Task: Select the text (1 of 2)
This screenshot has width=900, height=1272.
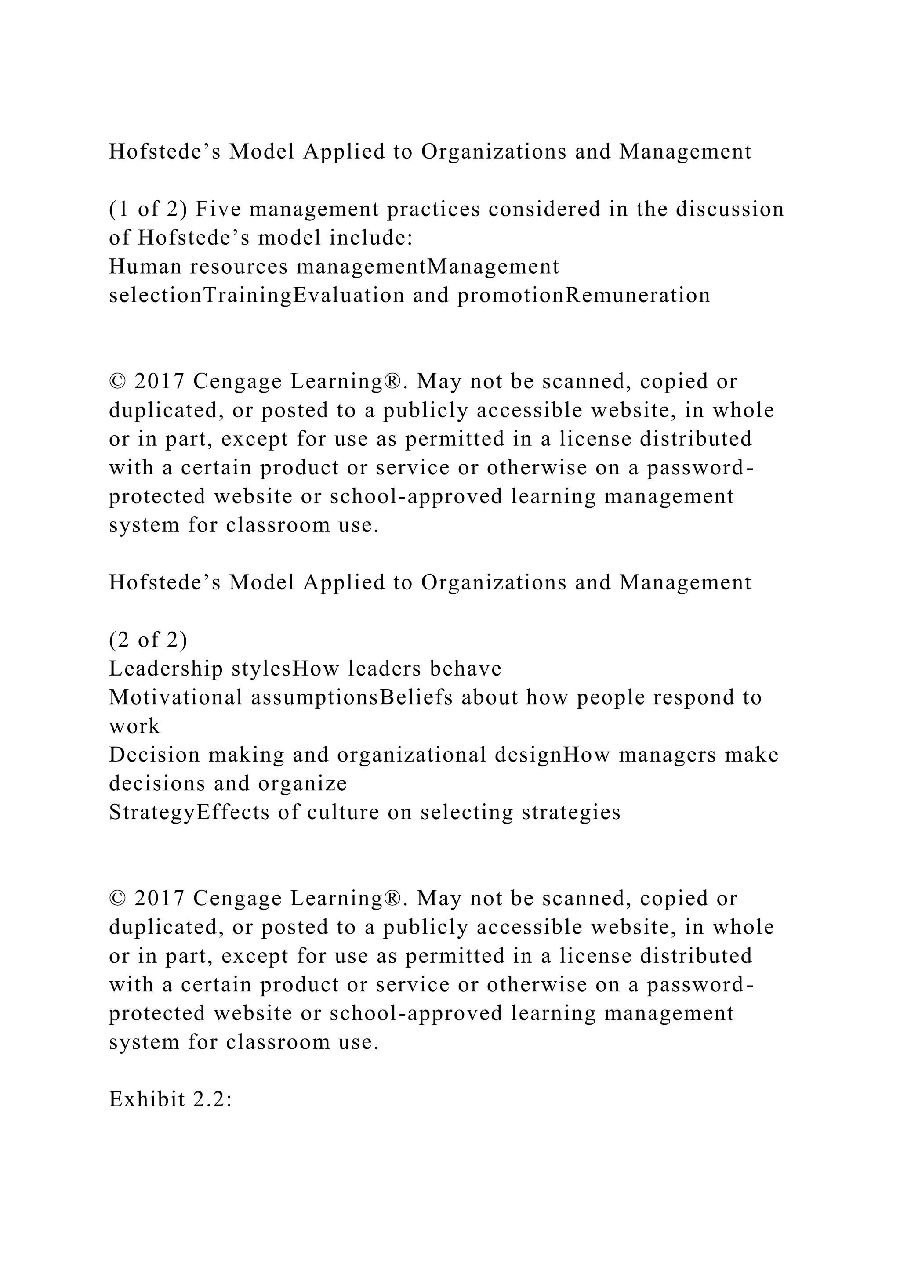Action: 148,210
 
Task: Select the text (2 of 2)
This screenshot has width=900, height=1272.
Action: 148,640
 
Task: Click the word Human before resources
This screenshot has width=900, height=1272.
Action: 145,267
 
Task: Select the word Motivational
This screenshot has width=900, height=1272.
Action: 176,697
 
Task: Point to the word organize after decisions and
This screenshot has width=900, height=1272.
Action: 302,784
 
